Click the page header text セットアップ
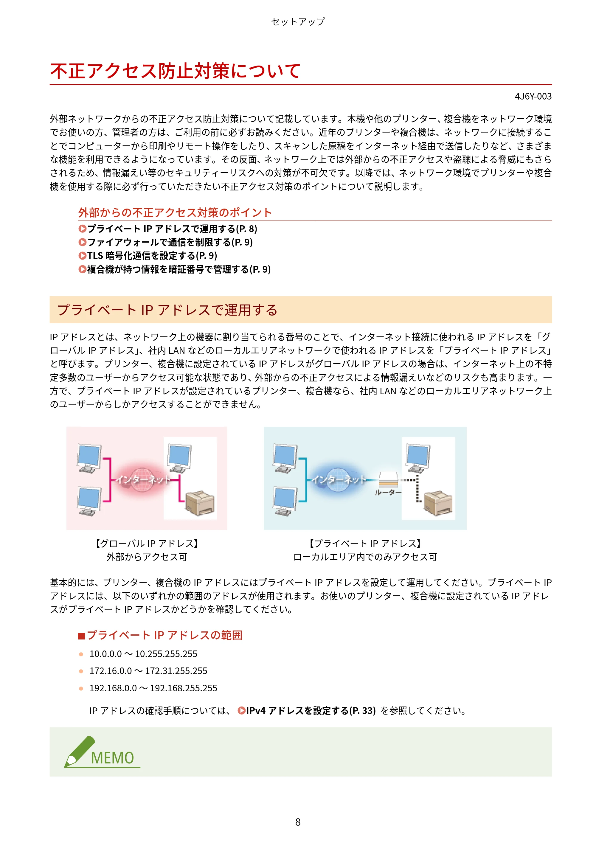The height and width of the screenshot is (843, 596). click(x=298, y=22)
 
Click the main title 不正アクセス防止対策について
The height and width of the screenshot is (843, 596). click(x=176, y=71)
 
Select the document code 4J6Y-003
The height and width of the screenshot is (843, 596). click(x=533, y=97)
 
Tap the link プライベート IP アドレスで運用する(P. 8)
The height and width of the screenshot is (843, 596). click(x=168, y=229)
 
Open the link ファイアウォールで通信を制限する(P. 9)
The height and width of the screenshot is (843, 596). click(x=166, y=242)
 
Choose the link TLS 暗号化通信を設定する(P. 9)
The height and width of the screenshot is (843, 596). click(x=148, y=256)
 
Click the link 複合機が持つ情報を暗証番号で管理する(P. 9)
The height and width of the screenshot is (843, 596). click(x=174, y=269)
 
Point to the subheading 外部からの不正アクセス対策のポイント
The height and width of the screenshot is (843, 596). click(x=175, y=212)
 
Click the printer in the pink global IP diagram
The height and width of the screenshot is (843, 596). click(x=200, y=503)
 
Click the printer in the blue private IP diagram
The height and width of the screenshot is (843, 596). click(x=438, y=503)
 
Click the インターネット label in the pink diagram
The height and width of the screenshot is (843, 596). click(x=143, y=479)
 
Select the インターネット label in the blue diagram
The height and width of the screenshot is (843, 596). click(x=339, y=479)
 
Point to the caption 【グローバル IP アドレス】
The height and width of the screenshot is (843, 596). click(x=147, y=544)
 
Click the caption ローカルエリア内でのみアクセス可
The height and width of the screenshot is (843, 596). click(x=365, y=557)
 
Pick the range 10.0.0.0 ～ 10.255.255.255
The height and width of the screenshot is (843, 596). click(x=143, y=654)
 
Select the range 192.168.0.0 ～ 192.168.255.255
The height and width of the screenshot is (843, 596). click(x=153, y=688)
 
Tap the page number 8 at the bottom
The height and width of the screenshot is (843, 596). click(x=298, y=822)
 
